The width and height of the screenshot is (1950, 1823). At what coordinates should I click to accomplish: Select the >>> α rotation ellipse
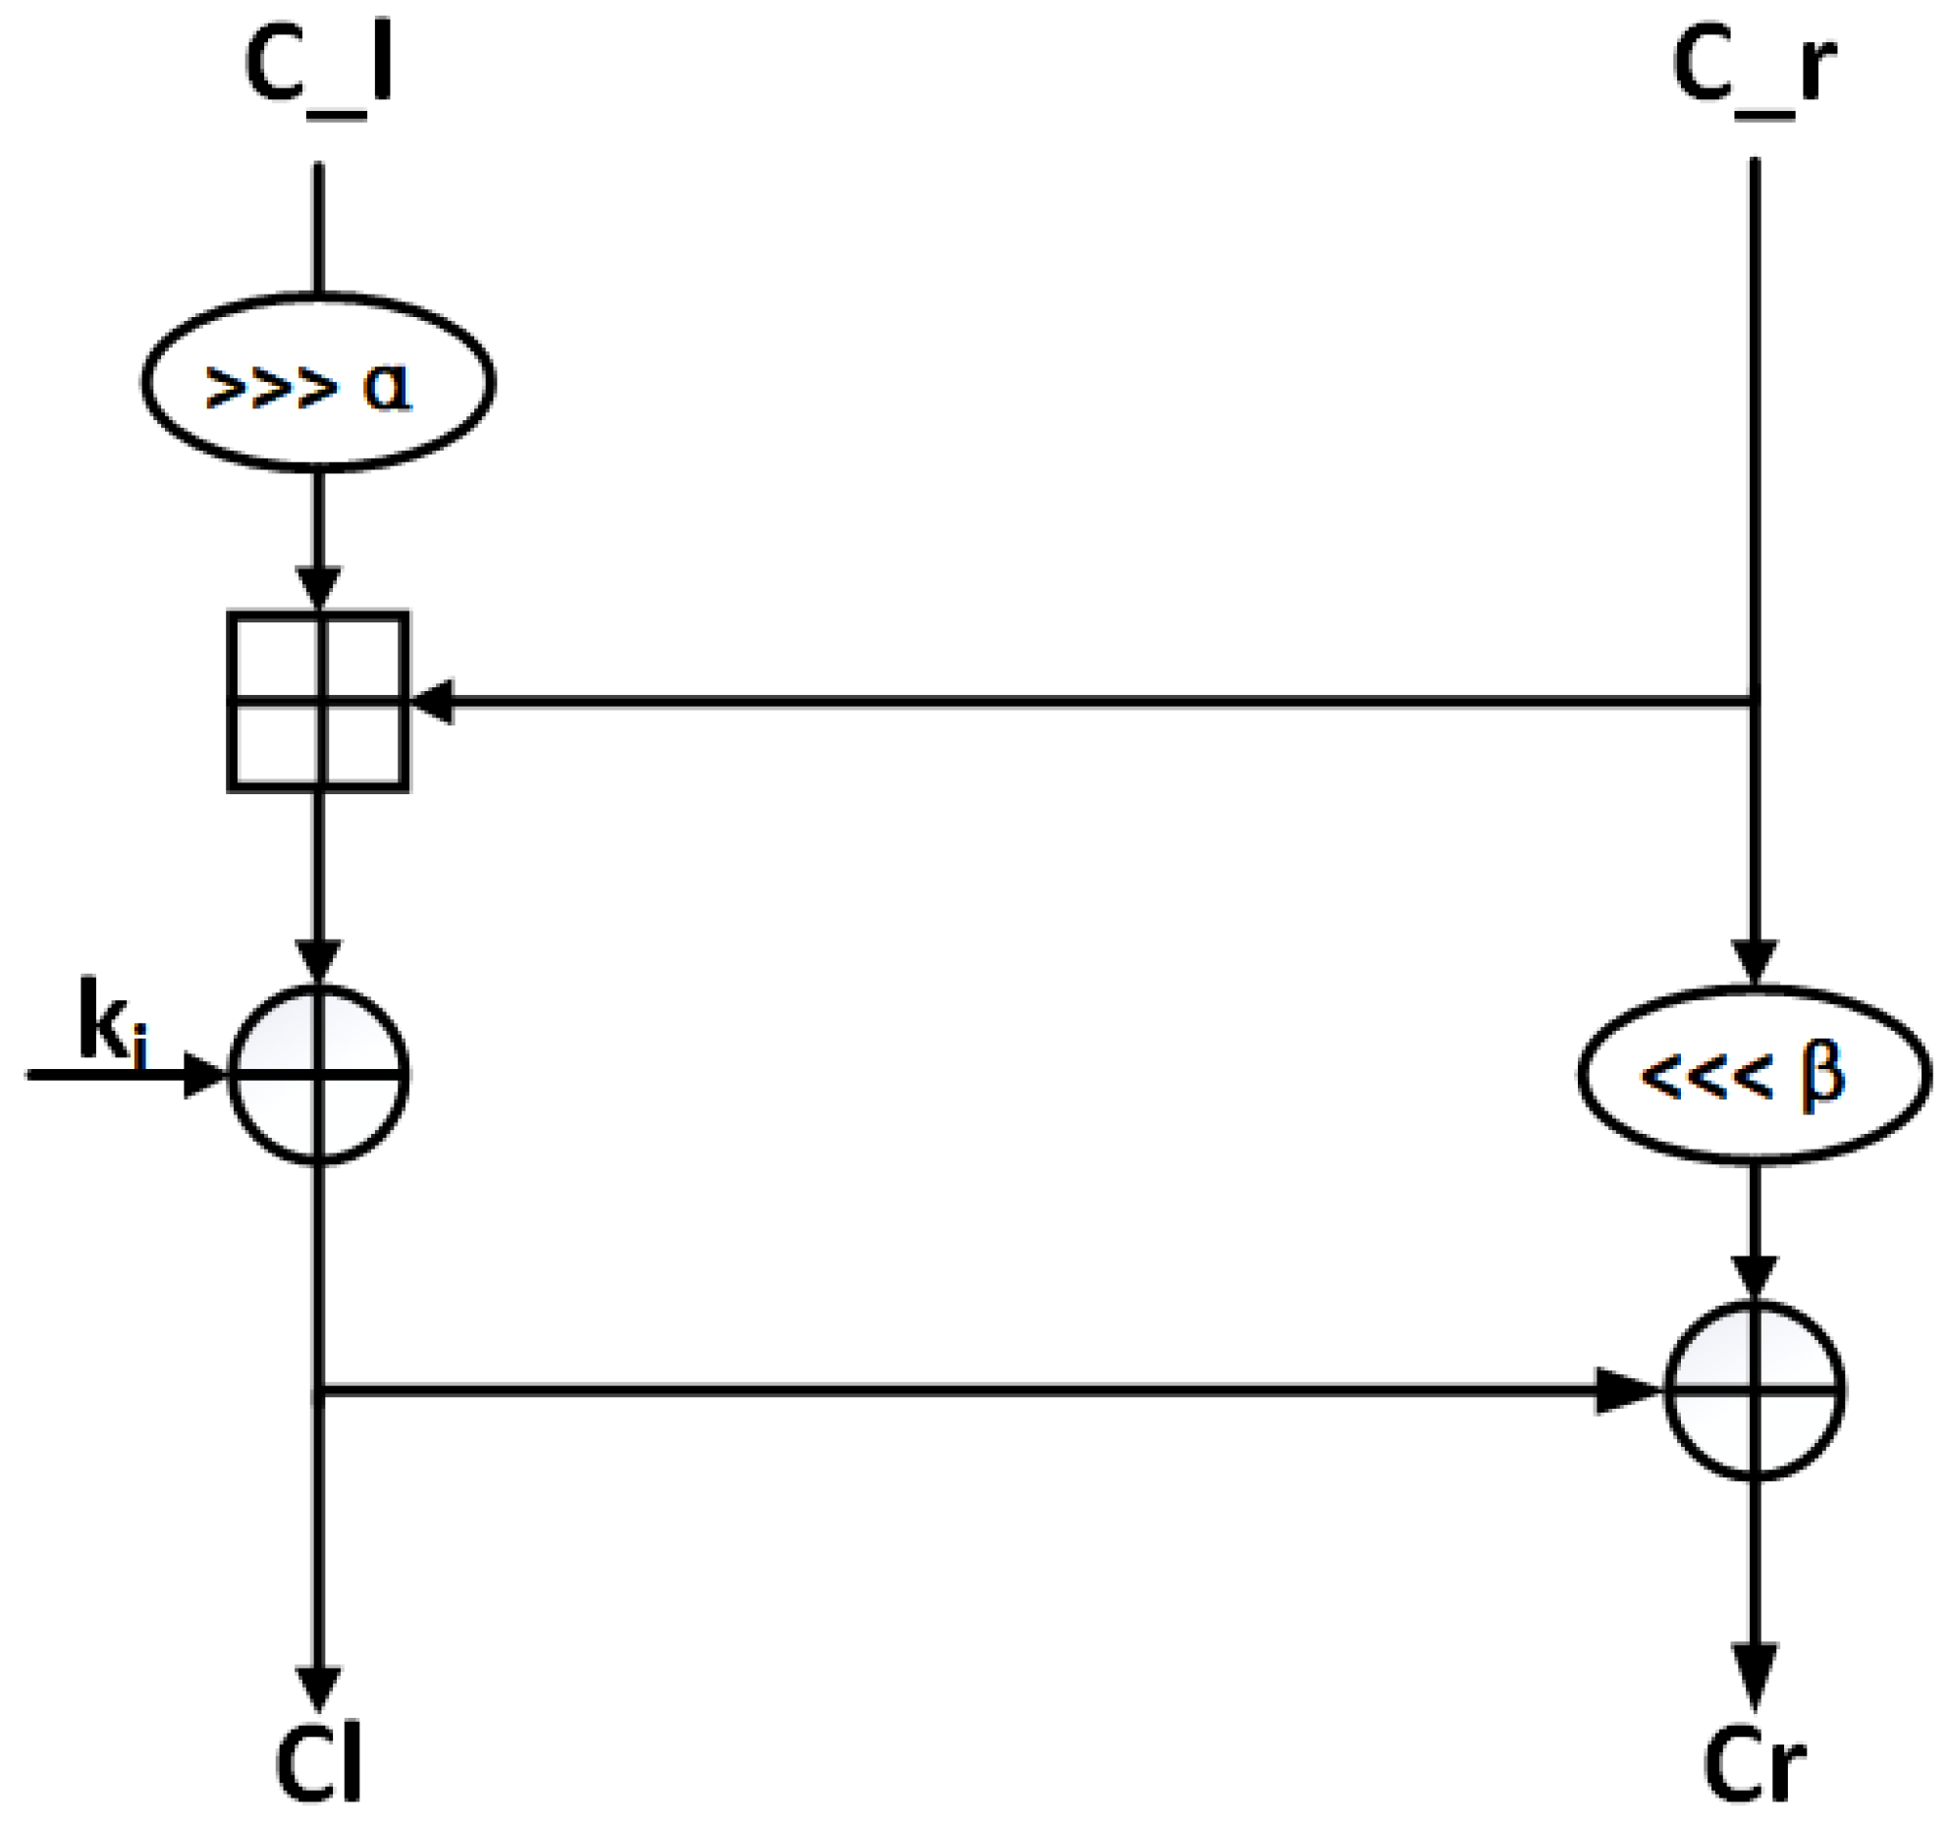click(x=317, y=382)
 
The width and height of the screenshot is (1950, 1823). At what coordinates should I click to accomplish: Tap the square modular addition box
click(x=317, y=702)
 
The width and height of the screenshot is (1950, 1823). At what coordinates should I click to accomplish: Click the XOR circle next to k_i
click(x=317, y=1075)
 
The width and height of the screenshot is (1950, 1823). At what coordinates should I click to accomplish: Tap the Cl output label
click(x=317, y=1766)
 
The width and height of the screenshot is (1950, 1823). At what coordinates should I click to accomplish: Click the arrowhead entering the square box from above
click(x=317, y=589)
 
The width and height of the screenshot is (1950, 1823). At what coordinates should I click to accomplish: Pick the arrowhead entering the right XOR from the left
click(x=1625, y=1391)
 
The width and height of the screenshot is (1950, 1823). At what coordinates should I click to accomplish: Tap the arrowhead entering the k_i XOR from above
click(x=317, y=962)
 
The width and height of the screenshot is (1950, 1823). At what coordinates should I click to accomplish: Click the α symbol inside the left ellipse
click(x=386, y=386)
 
